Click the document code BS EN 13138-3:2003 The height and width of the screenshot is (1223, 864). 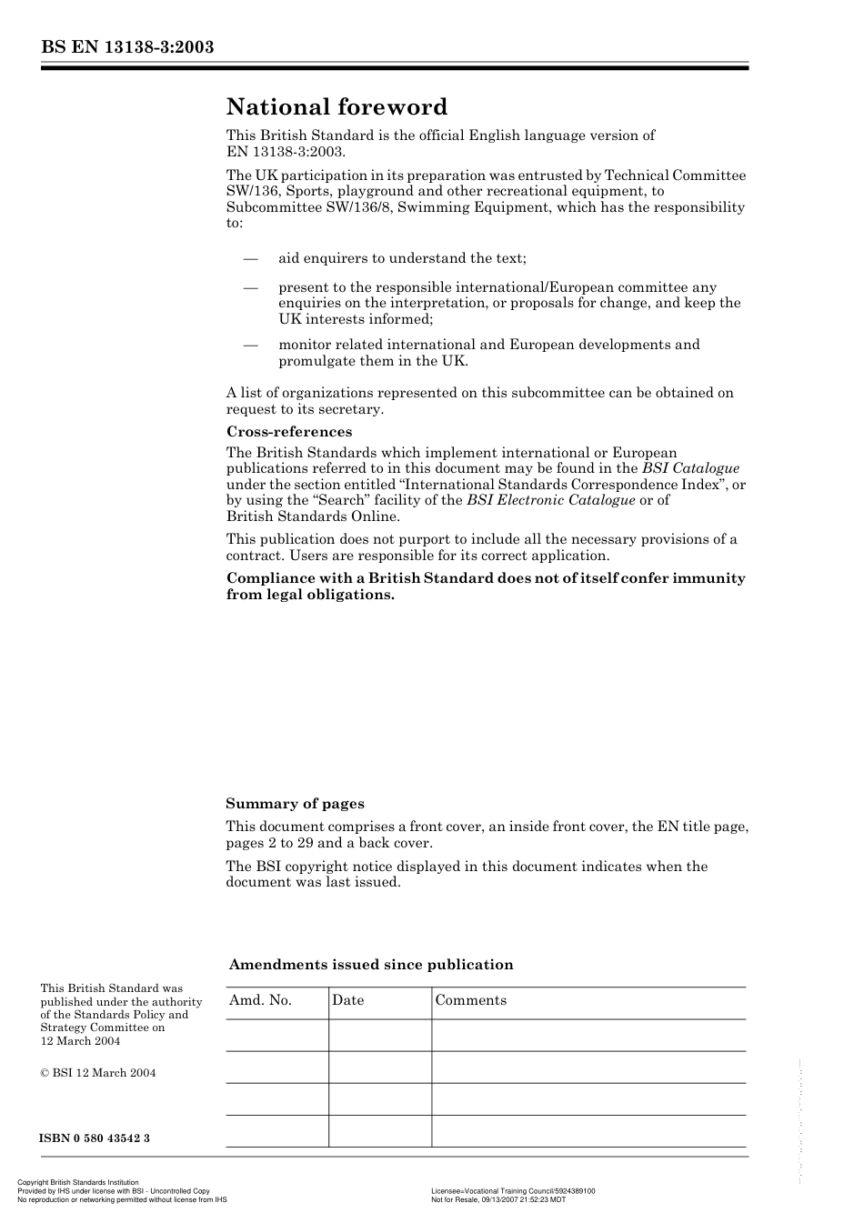click(x=126, y=46)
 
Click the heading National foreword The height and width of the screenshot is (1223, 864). click(x=337, y=107)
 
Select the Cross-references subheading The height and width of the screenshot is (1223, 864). click(x=289, y=432)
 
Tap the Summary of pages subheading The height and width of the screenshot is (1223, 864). click(x=295, y=804)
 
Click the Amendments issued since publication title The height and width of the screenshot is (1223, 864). click(x=371, y=965)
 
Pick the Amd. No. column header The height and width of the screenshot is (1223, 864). click(x=260, y=1000)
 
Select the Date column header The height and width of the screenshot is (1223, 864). click(x=347, y=1000)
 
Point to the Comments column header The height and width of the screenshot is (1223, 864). click(x=470, y=1000)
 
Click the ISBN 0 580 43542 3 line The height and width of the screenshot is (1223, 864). click(x=95, y=1138)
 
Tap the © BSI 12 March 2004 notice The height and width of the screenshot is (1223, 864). click(x=97, y=1073)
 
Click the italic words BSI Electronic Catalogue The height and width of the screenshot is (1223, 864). click(x=550, y=500)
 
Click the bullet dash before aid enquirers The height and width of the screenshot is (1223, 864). click(x=251, y=258)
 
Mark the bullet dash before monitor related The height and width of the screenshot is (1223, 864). click(x=251, y=345)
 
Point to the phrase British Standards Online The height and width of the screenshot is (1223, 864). click(x=312, y=516)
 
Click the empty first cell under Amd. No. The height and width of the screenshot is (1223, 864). click(x=276, y=1035)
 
